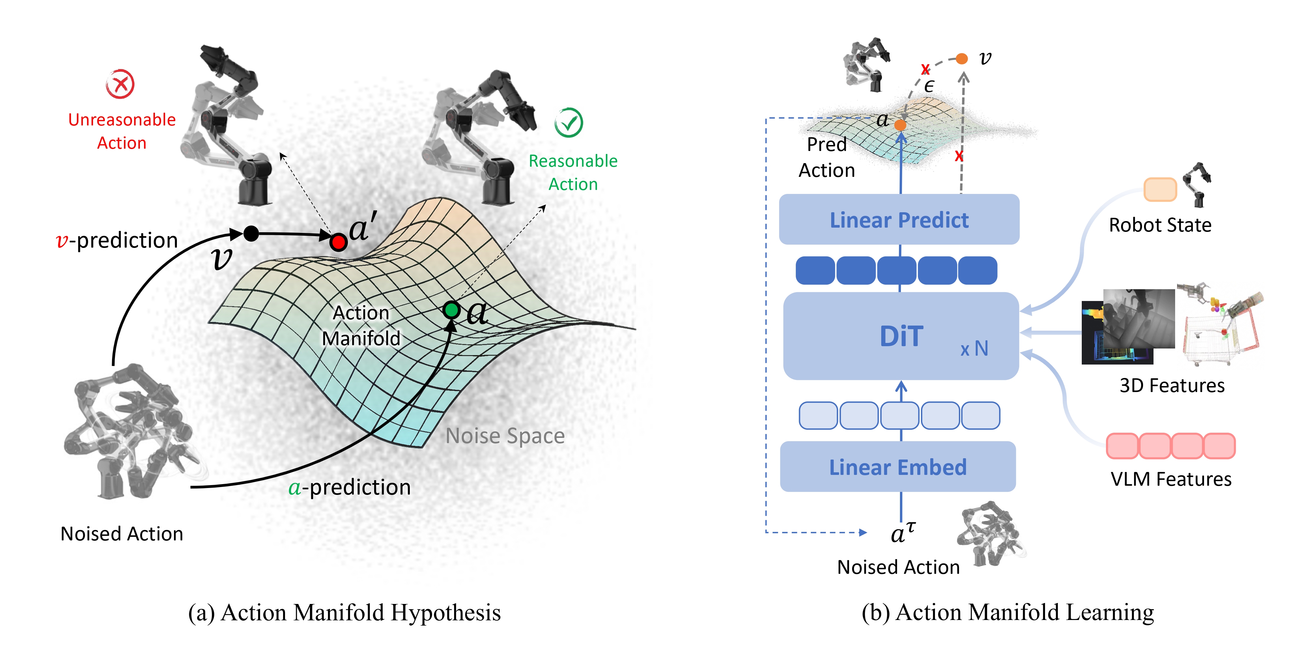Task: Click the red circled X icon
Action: tap(121, 84)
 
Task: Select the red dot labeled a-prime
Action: tap(338, 242)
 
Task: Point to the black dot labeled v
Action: tap(251, 234)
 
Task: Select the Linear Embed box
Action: tap(898, 467)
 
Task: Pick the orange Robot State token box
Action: tap(1160, 190)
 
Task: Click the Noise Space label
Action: tap(505, 436)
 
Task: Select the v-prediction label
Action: tap(117, 240)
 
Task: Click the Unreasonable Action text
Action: tap(122, 131)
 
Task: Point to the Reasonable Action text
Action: tap(573, 173)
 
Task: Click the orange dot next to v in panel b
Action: tap(962, 59)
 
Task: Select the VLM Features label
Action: tap(1171, 479)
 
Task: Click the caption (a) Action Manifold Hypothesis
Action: tap(344, 612)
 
